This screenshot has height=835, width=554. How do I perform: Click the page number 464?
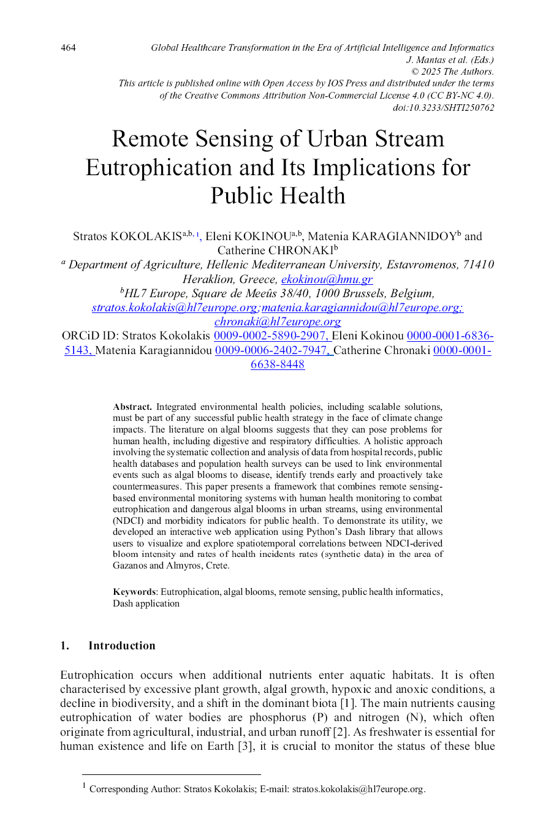coord(68,48)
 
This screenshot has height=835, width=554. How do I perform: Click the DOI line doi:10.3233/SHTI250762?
coord(443,108)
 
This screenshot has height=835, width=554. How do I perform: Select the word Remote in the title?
coord(150,139)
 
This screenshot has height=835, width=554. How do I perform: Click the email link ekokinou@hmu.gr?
coord(327,279)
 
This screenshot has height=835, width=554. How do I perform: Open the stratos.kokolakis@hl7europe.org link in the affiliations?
coord(175,308)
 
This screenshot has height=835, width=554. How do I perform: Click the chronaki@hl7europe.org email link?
coord(278,322)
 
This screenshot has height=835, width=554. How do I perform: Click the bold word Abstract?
coord(132,407)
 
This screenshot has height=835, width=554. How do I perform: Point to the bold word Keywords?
coord(134,592)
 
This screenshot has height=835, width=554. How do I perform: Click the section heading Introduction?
coord(122,646)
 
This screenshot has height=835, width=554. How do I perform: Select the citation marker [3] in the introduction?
coord(245,746)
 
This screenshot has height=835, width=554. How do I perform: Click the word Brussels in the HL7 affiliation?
coord(365,293)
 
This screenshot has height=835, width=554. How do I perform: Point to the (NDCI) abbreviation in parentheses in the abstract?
coord(128,521)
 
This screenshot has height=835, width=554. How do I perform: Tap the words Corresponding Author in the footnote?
coord(134,789)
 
